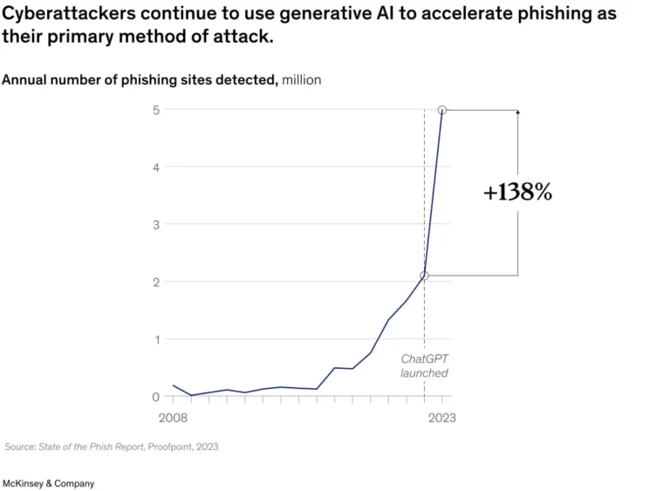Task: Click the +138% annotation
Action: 518,193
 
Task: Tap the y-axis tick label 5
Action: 156,110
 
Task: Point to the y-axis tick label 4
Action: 156,167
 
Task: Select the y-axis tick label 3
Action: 156,224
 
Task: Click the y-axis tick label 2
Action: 156,282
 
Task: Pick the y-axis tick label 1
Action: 156,339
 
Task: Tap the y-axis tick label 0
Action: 156,397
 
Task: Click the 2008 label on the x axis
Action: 173,418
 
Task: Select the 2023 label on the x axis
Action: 441,418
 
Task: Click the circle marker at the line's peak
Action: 442,110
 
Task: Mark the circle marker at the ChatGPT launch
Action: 424,276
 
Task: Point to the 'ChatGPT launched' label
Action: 424,366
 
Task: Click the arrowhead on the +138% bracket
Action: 518,113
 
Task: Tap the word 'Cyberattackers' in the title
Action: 66,14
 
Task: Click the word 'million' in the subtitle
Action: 301,80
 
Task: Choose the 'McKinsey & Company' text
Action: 49,483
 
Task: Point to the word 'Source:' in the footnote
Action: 20,447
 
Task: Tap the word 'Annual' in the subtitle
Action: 22,80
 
